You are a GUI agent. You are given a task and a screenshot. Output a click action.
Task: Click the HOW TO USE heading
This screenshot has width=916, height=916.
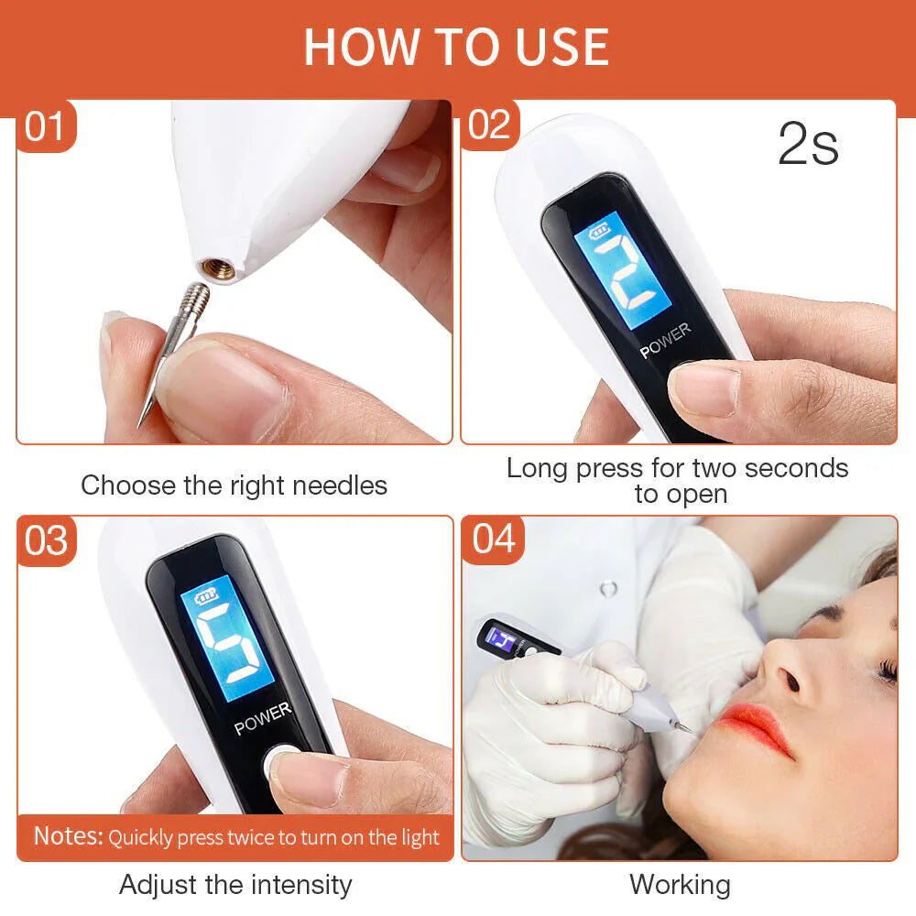pos(456,48)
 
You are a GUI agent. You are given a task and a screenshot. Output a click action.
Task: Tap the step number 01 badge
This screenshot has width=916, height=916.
pos(46,126)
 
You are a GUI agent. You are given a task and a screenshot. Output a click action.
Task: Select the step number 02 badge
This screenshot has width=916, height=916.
pos(490,125)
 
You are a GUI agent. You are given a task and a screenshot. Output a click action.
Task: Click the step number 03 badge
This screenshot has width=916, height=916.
pos(46,540)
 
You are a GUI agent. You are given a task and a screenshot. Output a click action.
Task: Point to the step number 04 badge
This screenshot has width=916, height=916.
pos(494,540)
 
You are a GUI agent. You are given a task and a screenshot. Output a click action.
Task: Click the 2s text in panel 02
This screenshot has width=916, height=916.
pos(808,145)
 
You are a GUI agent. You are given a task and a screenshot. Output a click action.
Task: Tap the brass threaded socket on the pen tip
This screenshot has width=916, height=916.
pos(220,268)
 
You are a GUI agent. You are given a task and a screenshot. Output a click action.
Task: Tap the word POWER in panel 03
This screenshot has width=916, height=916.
pos(263,718)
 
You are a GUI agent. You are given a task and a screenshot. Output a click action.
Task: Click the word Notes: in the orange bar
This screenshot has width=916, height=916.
pos(68,836)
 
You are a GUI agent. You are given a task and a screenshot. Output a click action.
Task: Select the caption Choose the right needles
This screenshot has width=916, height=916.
pos(234,485)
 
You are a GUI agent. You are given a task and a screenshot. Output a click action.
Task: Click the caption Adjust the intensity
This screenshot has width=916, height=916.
pos(235,885)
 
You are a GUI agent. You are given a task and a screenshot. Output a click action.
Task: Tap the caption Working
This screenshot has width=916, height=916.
pos(680,885)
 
